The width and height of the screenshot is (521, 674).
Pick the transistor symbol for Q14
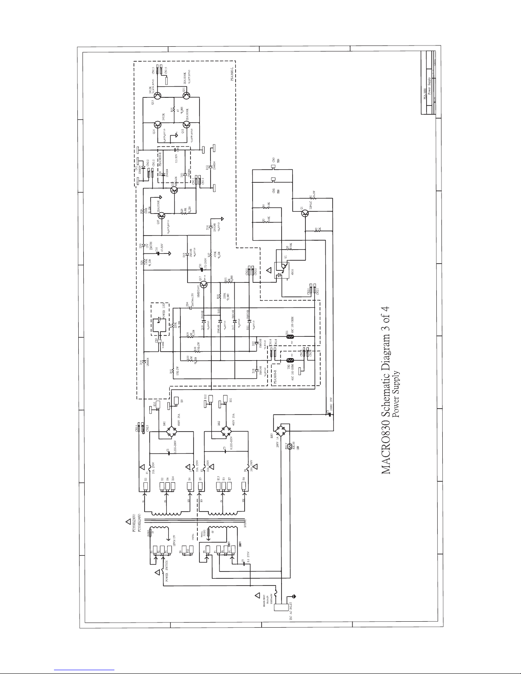tap(158, 125)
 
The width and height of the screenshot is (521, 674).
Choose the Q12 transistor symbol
tap(188, 125)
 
